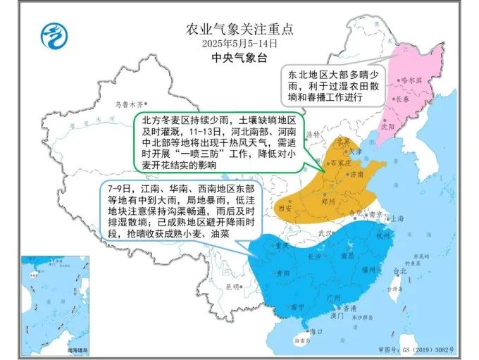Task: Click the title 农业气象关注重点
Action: (x=239, y=30)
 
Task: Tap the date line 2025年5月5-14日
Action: (x=239, y=44)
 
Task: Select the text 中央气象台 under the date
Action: (x=239, y=58)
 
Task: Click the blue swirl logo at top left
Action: (x=53, y=35)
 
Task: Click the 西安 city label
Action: (x=285, y=209)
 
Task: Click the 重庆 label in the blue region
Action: (x=282, y=247)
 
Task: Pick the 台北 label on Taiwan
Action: (x=399, y=271)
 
